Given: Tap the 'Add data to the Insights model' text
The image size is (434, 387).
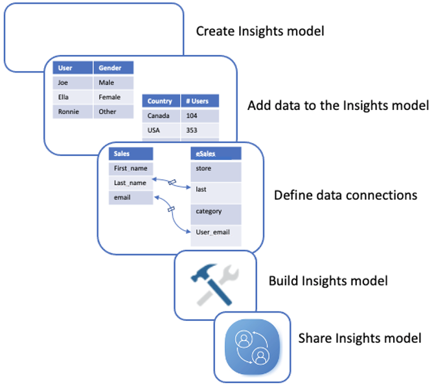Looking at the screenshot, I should point(338,105).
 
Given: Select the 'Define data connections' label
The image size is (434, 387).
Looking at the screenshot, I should point(345,195).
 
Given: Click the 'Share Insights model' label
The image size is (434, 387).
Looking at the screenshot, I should point(360,338).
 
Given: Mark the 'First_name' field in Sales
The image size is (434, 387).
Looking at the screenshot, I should point(131,168).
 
